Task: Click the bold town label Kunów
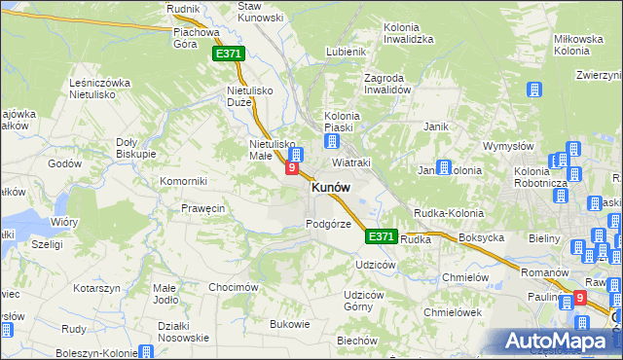[331, 188]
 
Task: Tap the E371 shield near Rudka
[382, 236]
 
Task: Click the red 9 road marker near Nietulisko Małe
[291, 168]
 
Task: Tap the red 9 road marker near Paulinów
[580, 299]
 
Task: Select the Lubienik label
[346, 52]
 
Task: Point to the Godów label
[64, 163]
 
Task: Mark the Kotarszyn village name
[95, 288]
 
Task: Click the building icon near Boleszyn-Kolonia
[146, 351]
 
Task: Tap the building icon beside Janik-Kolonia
[444, 167]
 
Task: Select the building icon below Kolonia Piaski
[332, 141]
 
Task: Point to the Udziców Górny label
[365, 301]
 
